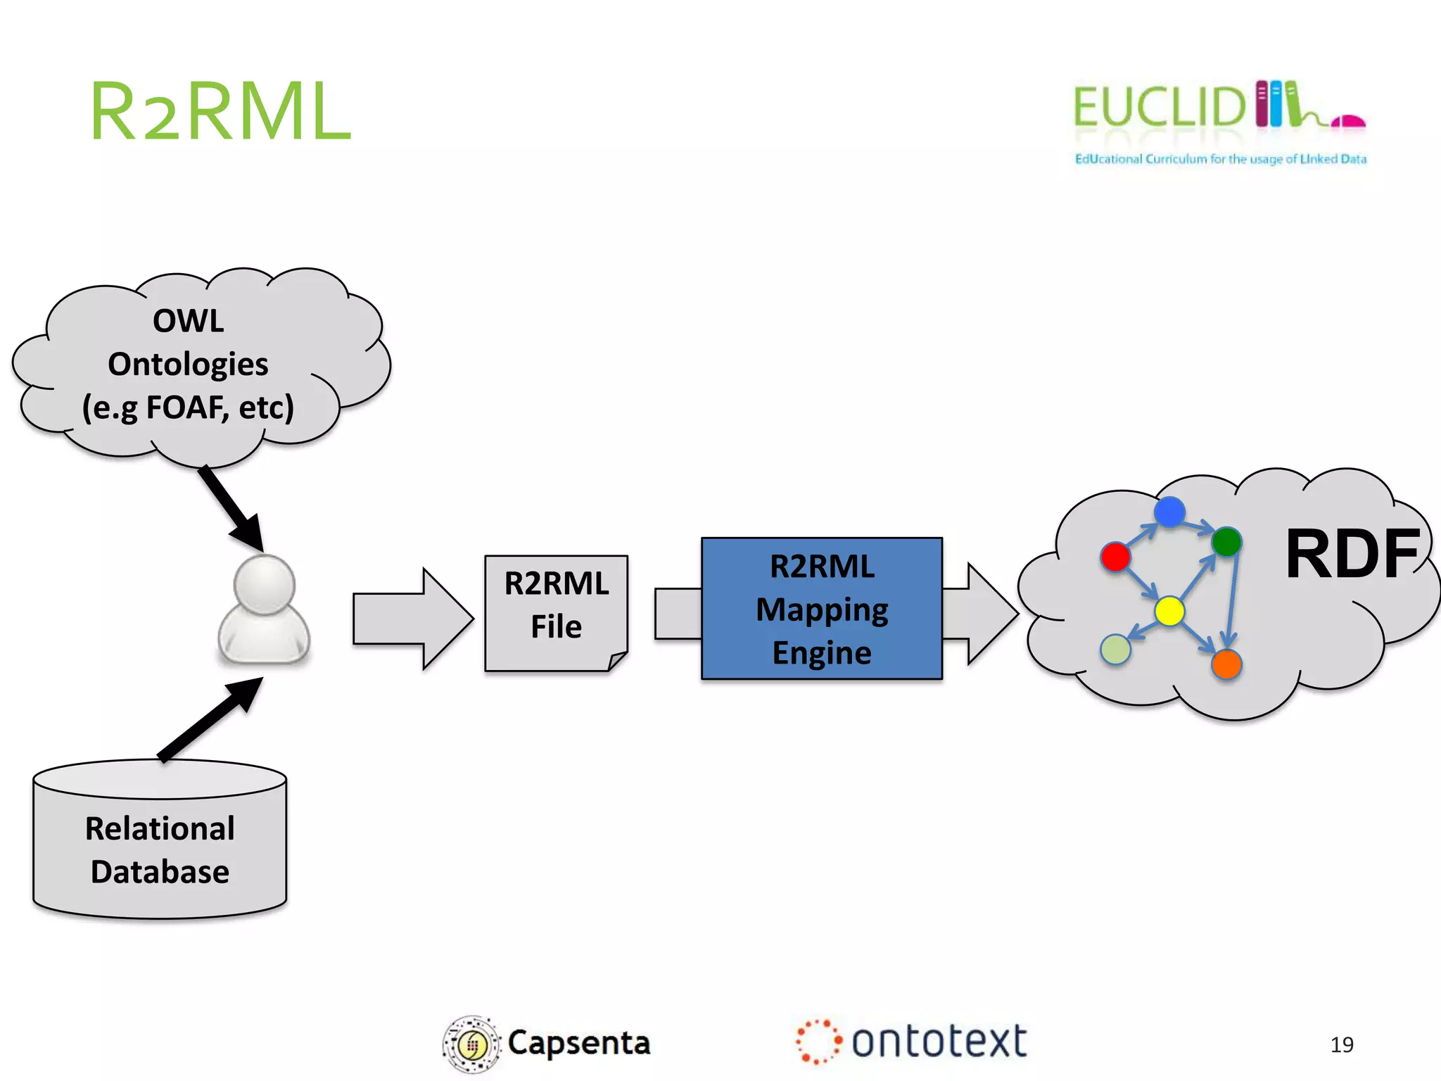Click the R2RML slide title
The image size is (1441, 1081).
click(x=220, y=111)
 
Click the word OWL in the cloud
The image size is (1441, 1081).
click(x=189, y=321)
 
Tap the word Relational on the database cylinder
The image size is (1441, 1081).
click(x=160, y=828)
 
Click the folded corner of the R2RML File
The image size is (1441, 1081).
click(x=618, y=661)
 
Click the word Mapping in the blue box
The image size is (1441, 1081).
click(x=822, y=609)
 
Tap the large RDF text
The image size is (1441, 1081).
click(x=1351, y=555)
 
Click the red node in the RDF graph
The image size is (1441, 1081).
click(x=1115, y=557)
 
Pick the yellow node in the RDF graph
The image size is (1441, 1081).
click(x=1169, y=611)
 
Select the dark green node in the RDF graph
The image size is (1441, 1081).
click(x=1226, y=541)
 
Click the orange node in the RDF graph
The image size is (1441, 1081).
click(x=1226, y=664)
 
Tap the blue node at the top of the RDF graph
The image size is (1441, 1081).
click(x=1169, y=512)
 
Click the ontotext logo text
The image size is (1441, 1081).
click(x=939, y=1042)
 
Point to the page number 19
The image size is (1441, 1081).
click(x=1342, y=1044)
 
